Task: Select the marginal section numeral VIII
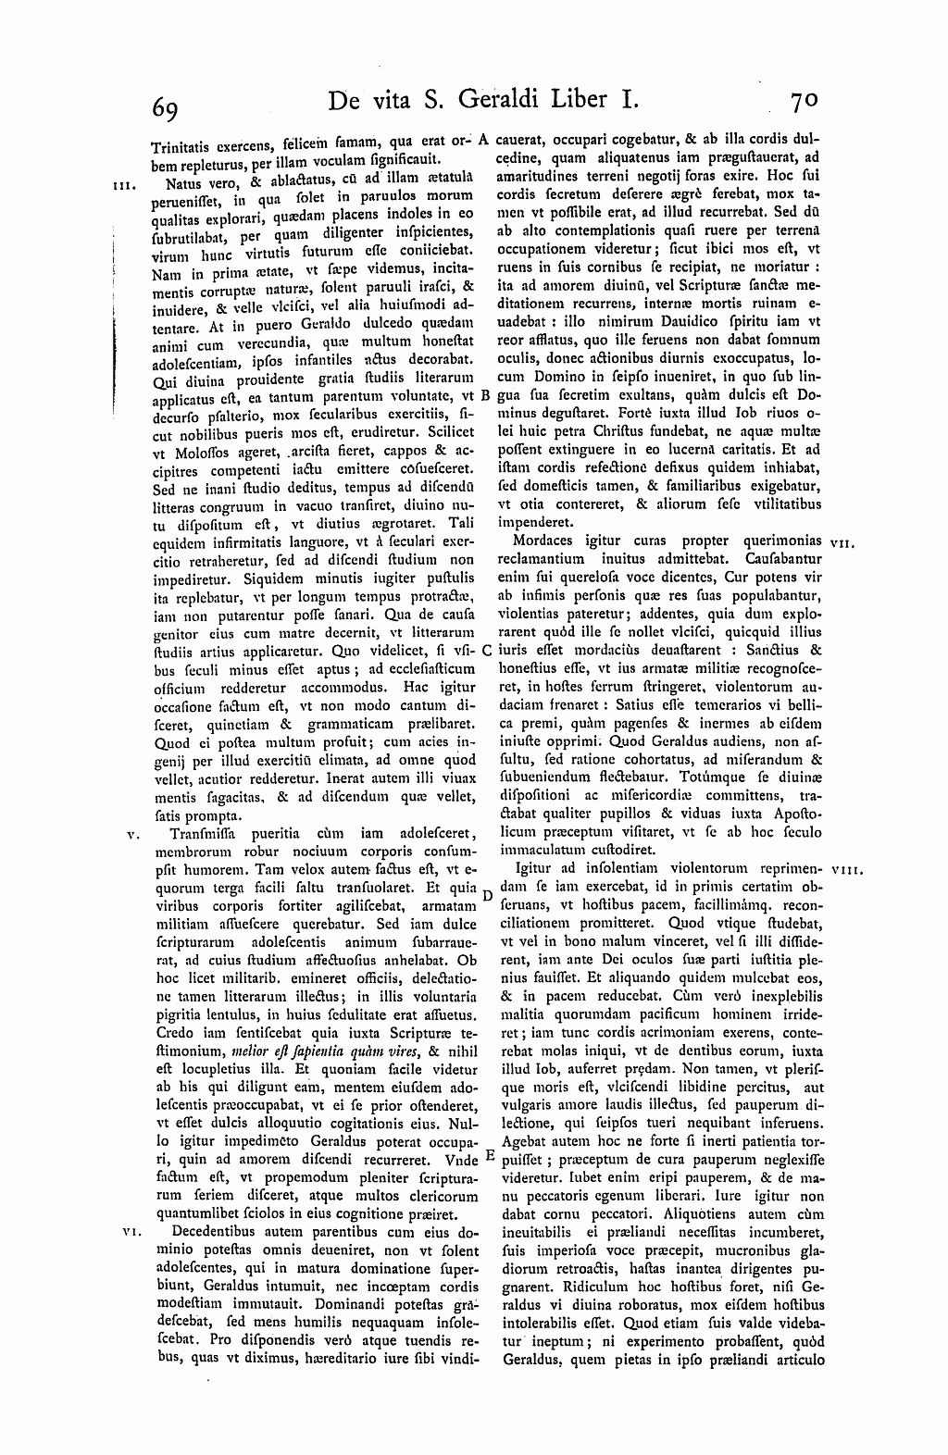pos(847,870)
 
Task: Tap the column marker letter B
pos(485,397)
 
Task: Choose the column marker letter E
pos(487,1156)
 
